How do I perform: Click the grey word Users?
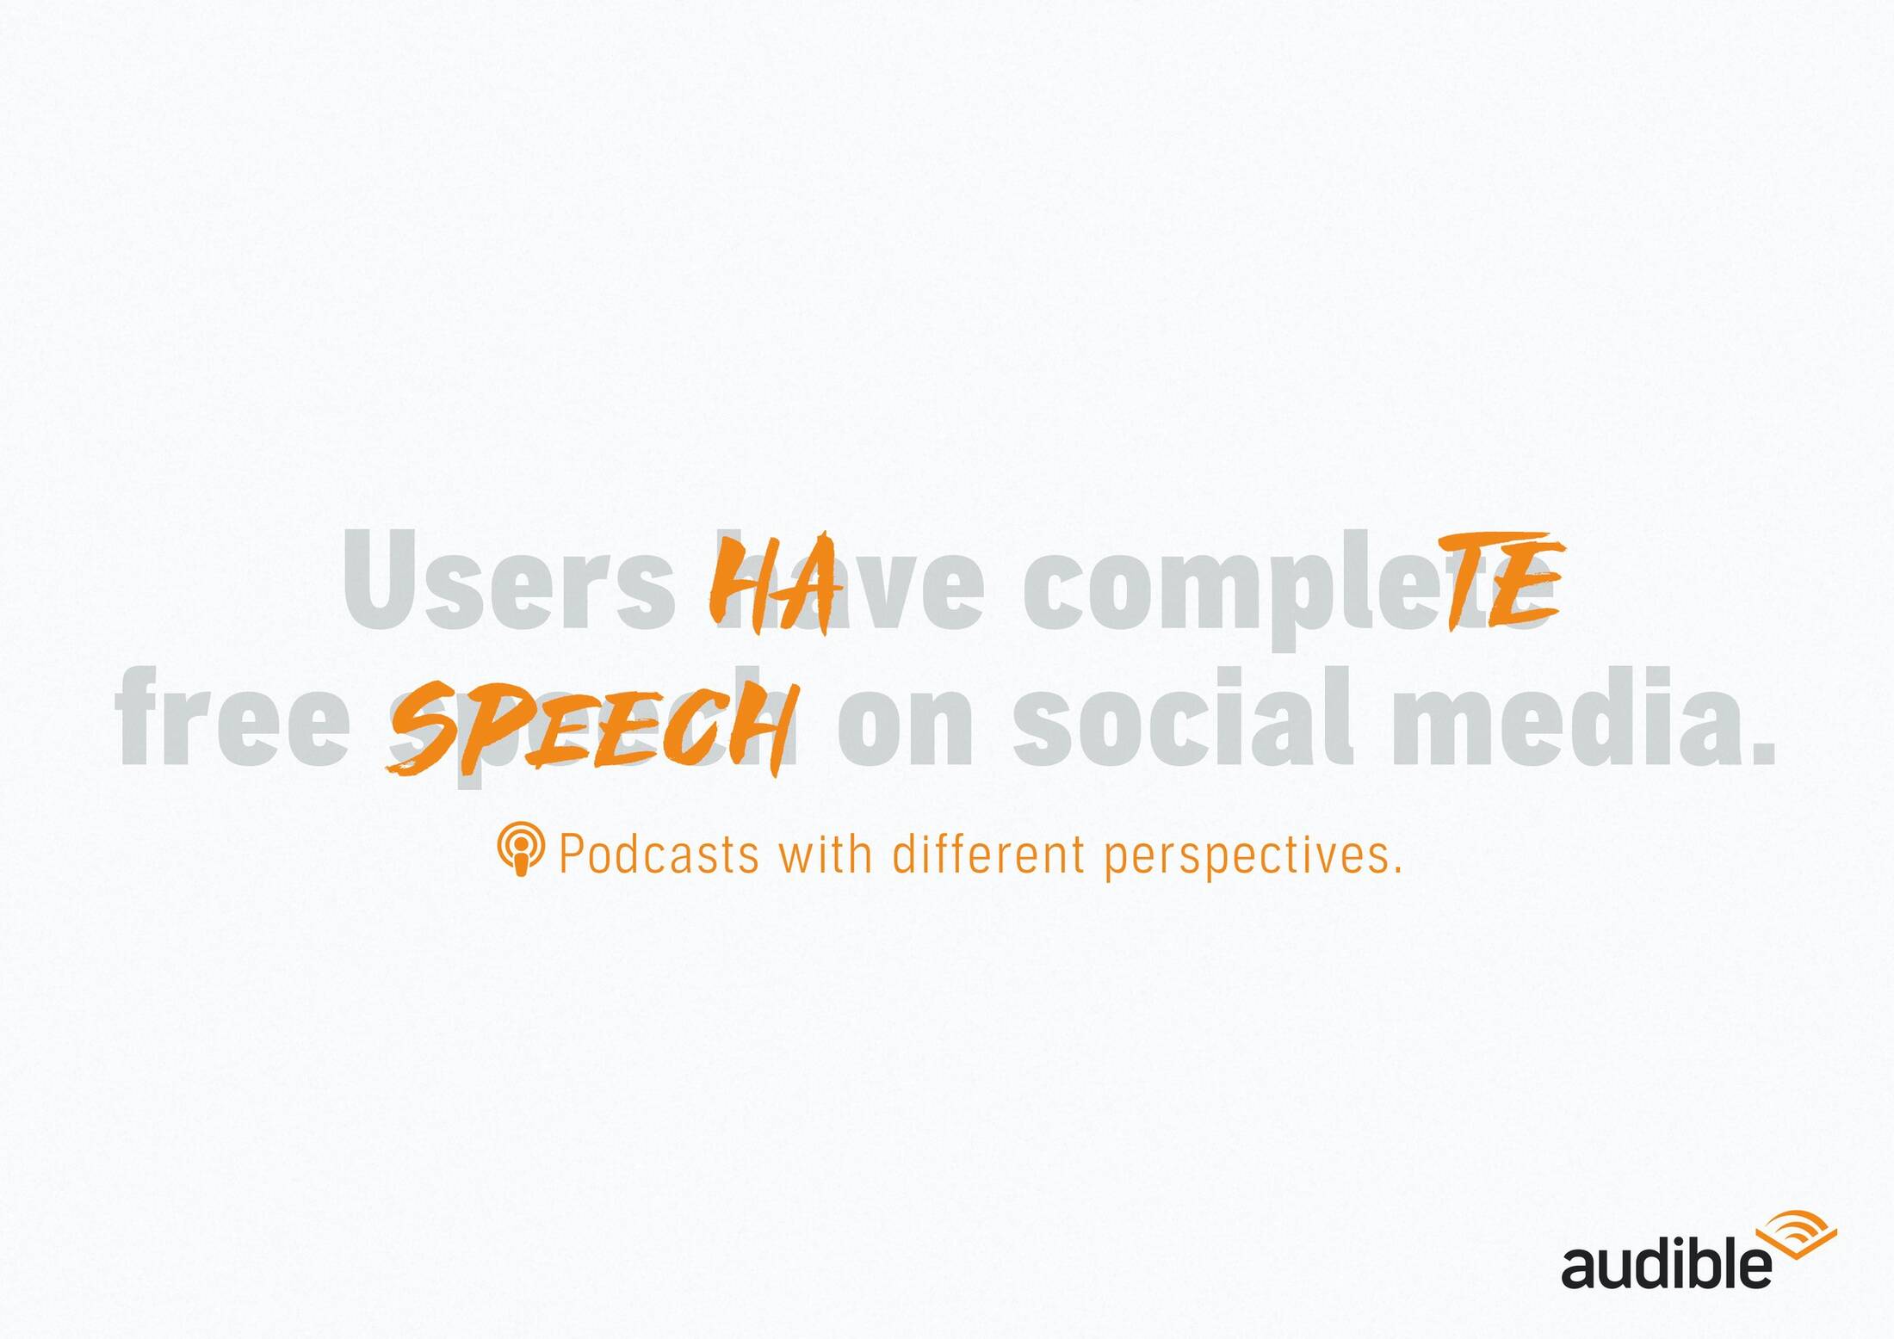click(508, 579)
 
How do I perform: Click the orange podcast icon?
click(521, 848)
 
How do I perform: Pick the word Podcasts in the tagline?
click(659, 854)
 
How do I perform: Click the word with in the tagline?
click(826, 854)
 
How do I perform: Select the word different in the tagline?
click(988, 854)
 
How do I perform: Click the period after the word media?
click(1765, 753)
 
